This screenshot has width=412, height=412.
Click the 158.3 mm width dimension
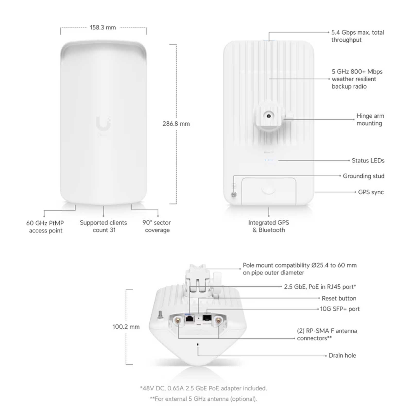click(103, 28)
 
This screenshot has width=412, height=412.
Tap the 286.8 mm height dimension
click(176, 124)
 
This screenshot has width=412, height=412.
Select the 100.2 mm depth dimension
click(126, 327)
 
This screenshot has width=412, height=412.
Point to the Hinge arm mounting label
click(370, 119)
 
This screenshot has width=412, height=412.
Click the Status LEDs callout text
click(368, 160)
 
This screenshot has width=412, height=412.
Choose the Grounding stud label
click(363, 176)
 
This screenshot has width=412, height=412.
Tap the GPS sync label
click(371, 192)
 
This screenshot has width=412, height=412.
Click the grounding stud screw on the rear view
click(234, 195)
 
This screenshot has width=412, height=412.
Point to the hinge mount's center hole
click(269, 116)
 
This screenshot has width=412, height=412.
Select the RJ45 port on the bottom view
click(190, 319)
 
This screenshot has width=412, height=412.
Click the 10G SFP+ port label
click(340, 309)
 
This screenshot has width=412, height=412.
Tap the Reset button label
click(339, 298)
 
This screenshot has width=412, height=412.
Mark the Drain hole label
click(342, 355)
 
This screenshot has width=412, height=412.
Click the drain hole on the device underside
click(198, 344)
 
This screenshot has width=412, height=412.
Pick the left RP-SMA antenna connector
click(177, 321)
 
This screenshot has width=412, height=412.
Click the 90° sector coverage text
click(157, 226)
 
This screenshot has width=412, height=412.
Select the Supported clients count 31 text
click(104, 226)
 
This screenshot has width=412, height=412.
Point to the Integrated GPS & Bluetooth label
click(269, 226)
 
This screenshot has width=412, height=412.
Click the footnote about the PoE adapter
click(203, 388)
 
